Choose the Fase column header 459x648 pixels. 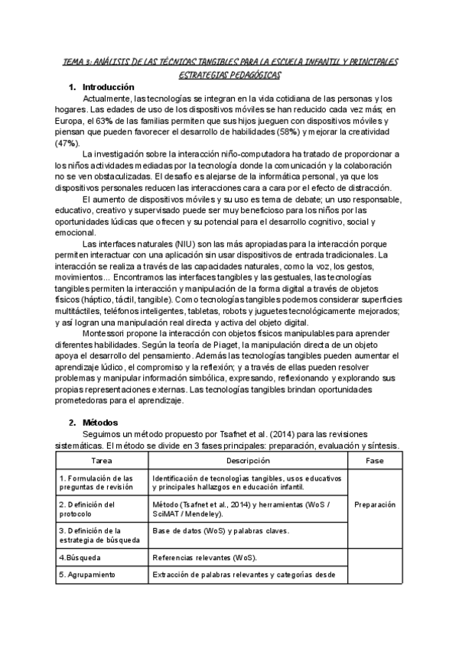coord(374,461)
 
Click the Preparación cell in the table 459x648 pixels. coord(374,504)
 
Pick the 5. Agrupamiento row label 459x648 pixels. coord(86,574)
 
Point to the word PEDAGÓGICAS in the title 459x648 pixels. coord(251,76)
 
